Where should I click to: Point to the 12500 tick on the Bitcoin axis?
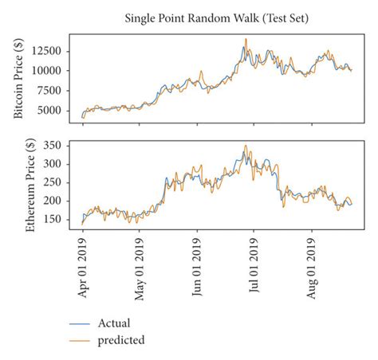click(49, 50)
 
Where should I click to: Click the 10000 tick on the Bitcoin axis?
click(49, 70)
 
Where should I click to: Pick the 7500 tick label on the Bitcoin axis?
click(53, 91)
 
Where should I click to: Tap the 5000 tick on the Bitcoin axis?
click(53, 111)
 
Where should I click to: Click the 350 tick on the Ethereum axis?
click(56, 146)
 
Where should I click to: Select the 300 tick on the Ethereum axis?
click(56, 164)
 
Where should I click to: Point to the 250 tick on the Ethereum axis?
click(56, 182)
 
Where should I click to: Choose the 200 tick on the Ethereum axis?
click(56, 201)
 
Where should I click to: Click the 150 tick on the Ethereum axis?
click(56, 219)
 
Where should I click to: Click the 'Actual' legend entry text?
click(113, 323)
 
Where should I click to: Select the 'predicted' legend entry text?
click(120, 340)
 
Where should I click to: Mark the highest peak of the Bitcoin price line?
click(246, 39)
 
